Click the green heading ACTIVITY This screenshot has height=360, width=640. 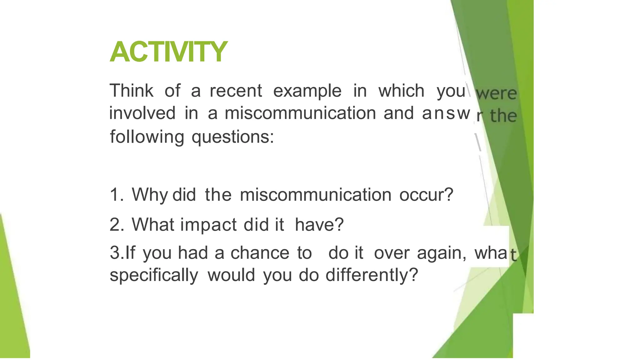[168, 52]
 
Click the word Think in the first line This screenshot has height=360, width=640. [131, 91]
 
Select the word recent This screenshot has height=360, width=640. [236, 91]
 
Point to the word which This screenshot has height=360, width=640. [401, 91]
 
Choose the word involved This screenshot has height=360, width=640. [142, 113]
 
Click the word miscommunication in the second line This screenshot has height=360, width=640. [300, 113]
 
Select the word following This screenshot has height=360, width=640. [147, 137]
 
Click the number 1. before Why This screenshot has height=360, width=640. [117, 195]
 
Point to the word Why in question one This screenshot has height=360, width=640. [150, 195]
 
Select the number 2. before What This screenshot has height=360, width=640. [117, 225]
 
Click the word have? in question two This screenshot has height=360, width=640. [319, 225]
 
